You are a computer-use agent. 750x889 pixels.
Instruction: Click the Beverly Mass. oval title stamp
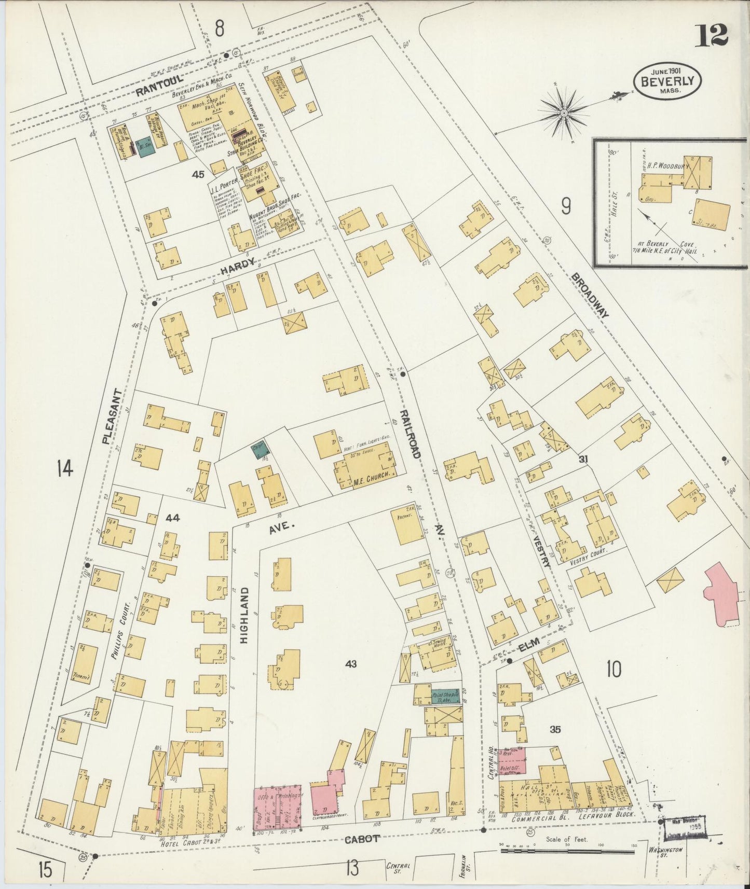coord(667,81)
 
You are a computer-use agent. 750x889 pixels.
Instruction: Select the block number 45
coord(198,174)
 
